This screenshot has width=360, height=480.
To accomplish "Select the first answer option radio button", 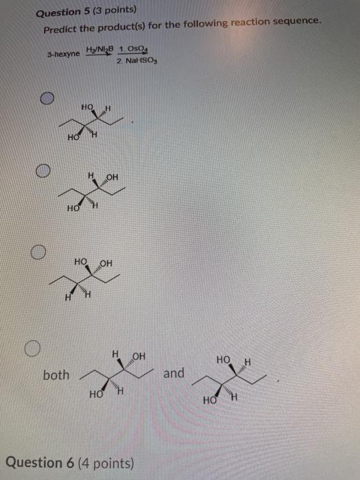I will [47, 99].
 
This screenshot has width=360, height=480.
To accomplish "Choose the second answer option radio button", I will [43, 169].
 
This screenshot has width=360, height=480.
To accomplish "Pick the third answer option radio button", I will [37, 253].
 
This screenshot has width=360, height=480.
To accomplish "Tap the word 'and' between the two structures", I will [174, 373].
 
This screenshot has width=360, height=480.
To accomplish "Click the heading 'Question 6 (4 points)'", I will [80, 462].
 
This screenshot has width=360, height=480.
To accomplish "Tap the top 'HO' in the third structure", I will [80, 262].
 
